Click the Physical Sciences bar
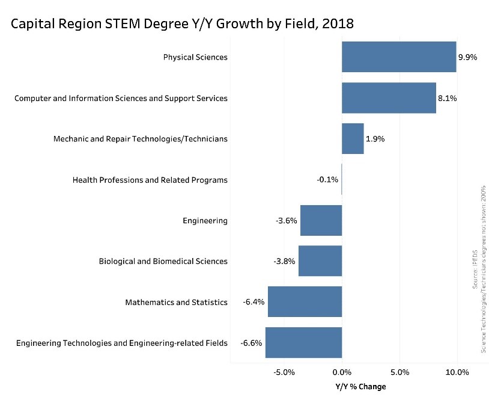click(399, 57)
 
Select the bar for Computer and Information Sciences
click(389, 98)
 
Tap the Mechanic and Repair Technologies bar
click(353, 139)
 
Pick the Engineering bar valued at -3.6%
click(321, 221)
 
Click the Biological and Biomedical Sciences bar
click(320, 261)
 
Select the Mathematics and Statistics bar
click(305, 302)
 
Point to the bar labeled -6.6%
click(303, 343)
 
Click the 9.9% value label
click(467, 58)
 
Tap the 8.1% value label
click(447, 99)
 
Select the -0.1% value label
click(327, 180)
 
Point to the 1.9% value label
click(375, 139)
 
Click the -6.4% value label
click(254, 302)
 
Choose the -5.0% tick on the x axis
click(284, 372)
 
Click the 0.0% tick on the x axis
click(342, 372)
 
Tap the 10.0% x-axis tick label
click(457, 372)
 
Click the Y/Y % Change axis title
click(360, 386)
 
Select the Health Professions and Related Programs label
click(150, 180)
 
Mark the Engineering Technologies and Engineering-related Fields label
click(122, 343)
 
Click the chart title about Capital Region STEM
click(182, 24)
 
